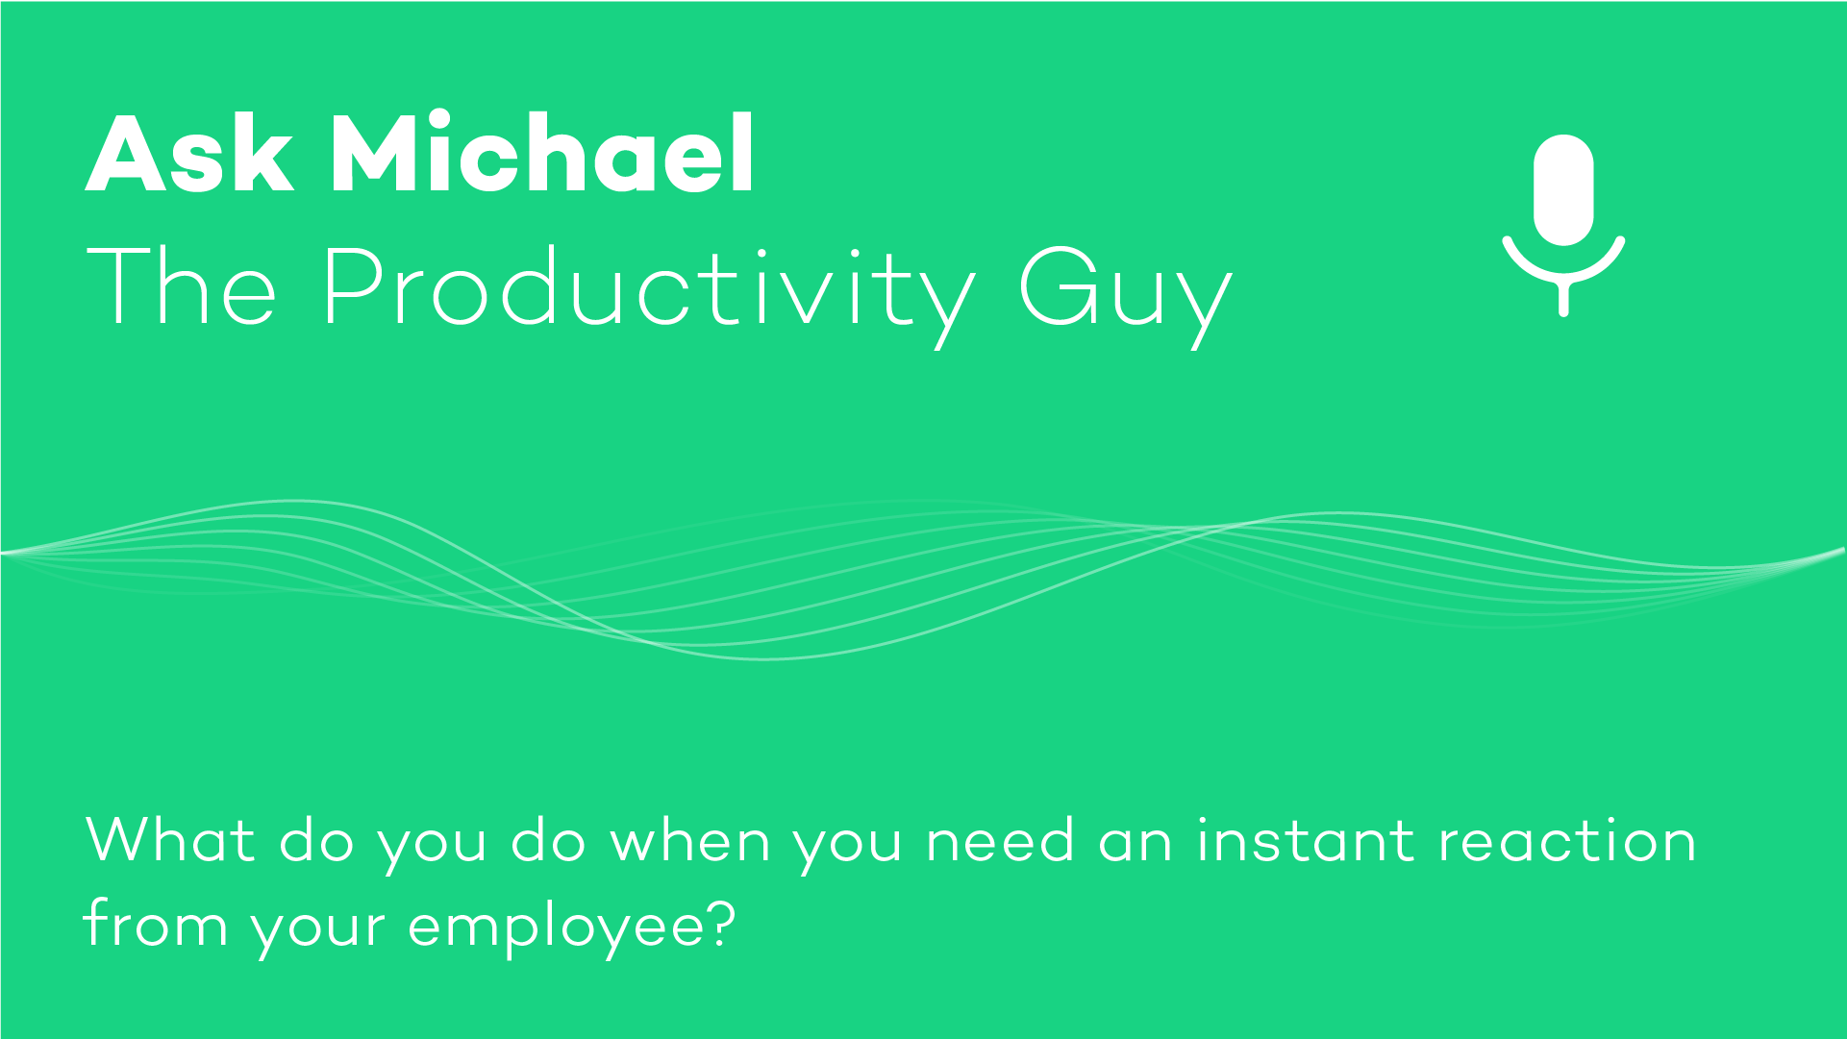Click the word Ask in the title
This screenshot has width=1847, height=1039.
pos(189,154)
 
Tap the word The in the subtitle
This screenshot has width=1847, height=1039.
pos(182,285)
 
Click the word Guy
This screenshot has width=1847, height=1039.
pos(1125,296)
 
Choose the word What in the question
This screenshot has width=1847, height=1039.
pos(171,839)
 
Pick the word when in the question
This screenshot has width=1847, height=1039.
pos(690,839)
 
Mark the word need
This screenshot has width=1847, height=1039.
pos(1000,839)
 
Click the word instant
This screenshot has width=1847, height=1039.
pos(1305,839)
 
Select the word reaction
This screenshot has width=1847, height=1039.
pos(1567,839)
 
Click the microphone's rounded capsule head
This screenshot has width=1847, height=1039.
pos(1563,190)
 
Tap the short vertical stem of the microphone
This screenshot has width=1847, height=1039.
pos(1563,298)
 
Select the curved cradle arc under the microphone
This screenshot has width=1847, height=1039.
pos(1563,278)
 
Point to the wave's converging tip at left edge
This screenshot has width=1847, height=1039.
pos(3,554)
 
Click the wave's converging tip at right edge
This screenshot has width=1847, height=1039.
pos(1843,549)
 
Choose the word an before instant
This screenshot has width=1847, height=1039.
pos(1135,843)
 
